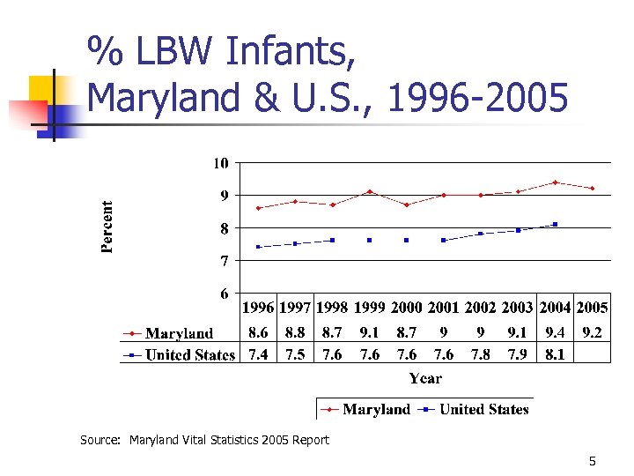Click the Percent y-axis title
tap(107, 227)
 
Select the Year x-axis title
tap(425, 378)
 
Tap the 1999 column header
tap(370, 308)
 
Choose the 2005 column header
tap(592, 308)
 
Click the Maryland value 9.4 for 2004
tap(555, 333)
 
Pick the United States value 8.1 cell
tap(555, 354)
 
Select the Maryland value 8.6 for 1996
tap(259, 333)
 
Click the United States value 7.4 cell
tap(259, 354)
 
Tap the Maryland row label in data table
tap(179, 333)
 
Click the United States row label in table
tap(190, 354)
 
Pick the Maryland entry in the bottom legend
tap(376, 409)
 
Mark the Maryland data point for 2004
tap(555, 182)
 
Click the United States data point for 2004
tap(555, 225)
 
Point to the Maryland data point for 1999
tap(370, 191)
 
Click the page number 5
tap(593, 461)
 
